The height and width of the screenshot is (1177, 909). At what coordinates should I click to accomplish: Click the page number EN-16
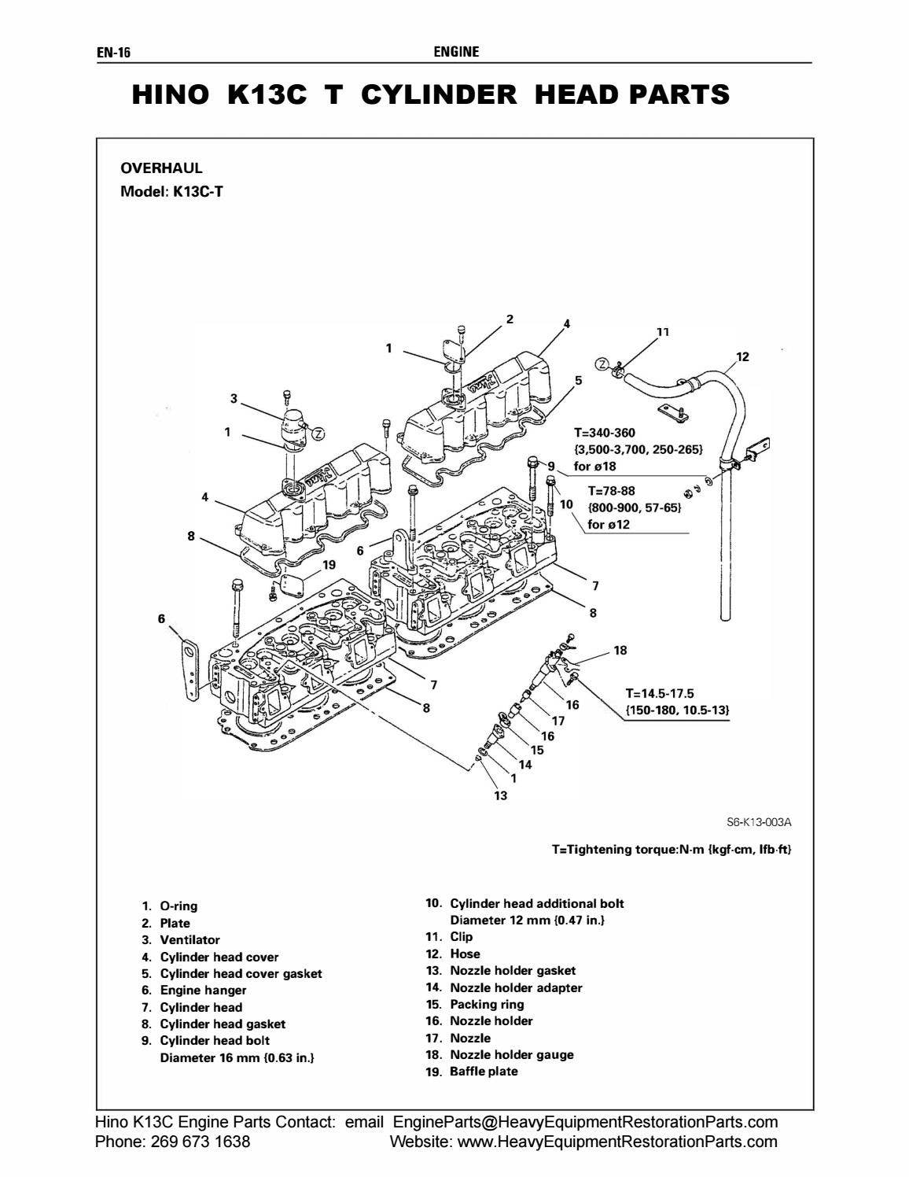pyautogui.click(x=113, y=53)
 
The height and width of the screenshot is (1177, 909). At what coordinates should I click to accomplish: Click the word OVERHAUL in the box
pyautogui.click(x=161, y=168)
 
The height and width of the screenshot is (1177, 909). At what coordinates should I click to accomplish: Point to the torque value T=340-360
pyautogui.click(x=604, y=433)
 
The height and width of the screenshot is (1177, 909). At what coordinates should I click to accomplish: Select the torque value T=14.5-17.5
pyautogui.click(x=660, y=693)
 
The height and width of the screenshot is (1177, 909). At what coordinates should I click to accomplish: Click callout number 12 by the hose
pyautogui.click(x=742, y=356)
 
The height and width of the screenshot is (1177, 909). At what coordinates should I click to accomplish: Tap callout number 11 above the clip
pyautogui.click(x=662, y=332)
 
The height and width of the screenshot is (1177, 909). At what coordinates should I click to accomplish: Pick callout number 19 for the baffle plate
pyautogui.click(x=329, y=565)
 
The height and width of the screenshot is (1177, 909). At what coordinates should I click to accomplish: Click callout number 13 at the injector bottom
pyautogui.click(x=500, y=795)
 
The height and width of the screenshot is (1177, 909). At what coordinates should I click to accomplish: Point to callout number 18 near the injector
pyautogui.click(x=620, y=651)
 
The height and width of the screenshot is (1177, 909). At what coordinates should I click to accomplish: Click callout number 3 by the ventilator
pyautogui.click(x=234, y=399)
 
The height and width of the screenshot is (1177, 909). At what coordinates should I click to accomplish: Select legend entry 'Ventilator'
pyautogui.click(x=190, y=939)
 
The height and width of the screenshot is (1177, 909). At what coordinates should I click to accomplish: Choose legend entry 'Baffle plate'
pyautogui.click(x=484, y=1071)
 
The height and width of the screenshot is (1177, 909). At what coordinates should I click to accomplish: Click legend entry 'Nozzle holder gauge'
pyautogui.click(x=511, y=1054)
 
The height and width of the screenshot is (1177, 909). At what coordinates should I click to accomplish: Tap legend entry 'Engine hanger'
pyautogui.click(x=203, y=990)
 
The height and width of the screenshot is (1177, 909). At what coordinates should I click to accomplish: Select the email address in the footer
pyautogui.click(x=585, y=1121)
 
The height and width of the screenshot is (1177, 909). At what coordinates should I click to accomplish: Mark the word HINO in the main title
pyautogui.click(x=171, y=95)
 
